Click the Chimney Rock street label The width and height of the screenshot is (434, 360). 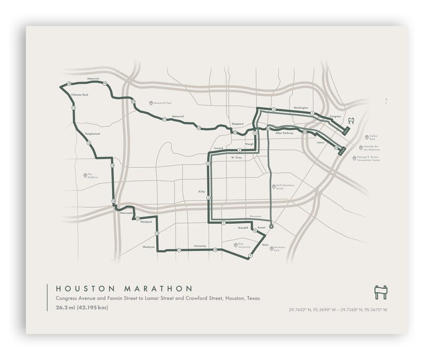(x=80, y=95)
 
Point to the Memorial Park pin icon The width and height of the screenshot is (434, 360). (x=150, y=103)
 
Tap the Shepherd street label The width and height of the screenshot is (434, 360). (x=237, y=124)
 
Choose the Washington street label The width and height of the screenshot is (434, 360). (x=301, y=108)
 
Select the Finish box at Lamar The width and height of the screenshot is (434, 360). (x=342, y=151)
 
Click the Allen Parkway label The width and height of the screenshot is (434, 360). (x=284, y=133)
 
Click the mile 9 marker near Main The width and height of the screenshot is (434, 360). (x=250, y=256)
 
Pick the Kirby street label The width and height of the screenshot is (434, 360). (x=201, y=192)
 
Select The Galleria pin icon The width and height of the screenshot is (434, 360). (x=85, y=176)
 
